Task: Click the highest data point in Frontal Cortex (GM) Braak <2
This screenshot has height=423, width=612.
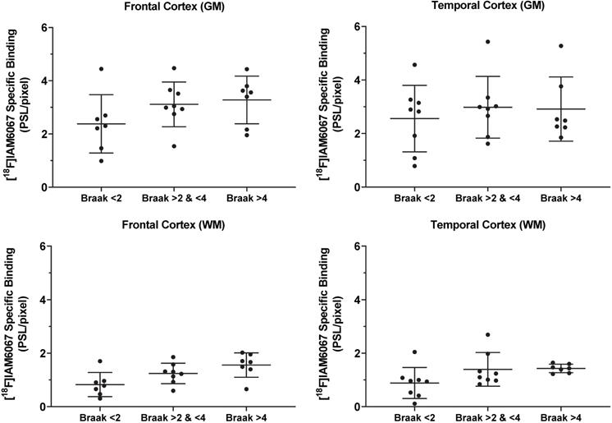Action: click(102, 69)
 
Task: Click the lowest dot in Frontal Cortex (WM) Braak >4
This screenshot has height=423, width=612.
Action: click(247, 389)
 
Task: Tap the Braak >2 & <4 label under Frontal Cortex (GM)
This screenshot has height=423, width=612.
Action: click(173, 199)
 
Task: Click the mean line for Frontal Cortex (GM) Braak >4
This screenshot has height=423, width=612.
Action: click(247, 99)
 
